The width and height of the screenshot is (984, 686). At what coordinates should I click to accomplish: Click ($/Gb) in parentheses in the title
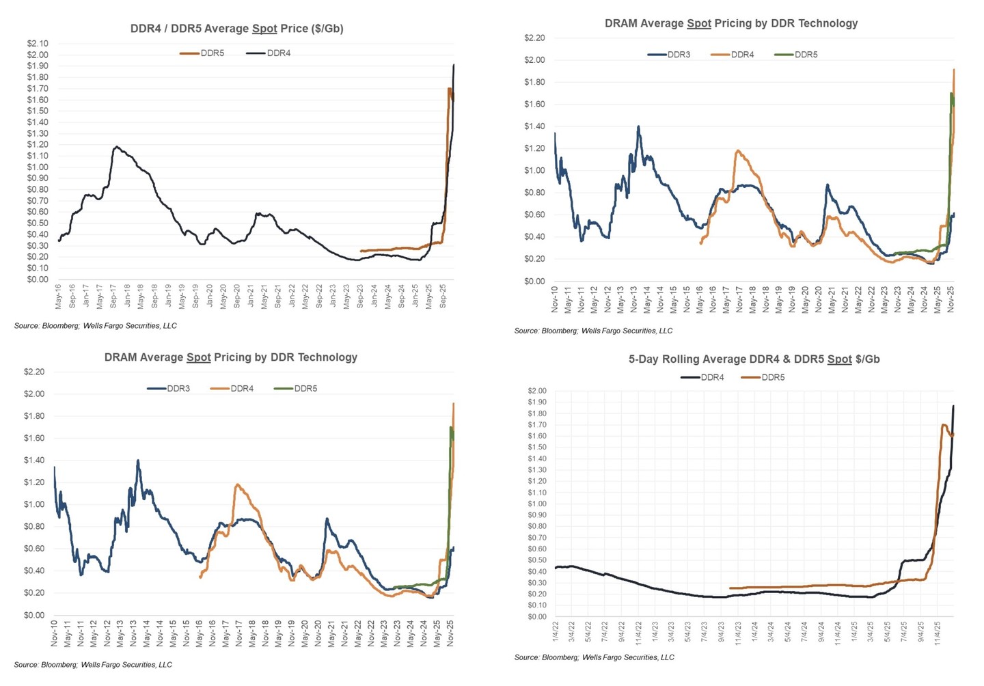pyautogui.click(x=327, y=29)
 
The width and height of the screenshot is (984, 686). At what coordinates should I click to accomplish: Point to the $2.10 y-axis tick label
pyautogui.click(x=38, y=44)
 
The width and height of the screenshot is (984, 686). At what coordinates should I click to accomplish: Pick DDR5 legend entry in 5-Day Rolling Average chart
pyautogui.click(x=772, y=377)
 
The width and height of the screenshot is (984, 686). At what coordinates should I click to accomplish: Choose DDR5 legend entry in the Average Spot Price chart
pyautogui.click(x=212, y=53)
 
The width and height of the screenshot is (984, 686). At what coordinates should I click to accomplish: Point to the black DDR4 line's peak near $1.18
pyautogui.click(x=117, y=147)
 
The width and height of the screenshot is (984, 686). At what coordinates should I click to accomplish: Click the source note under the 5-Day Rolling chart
pyautogui.click(x=594, y=657)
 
